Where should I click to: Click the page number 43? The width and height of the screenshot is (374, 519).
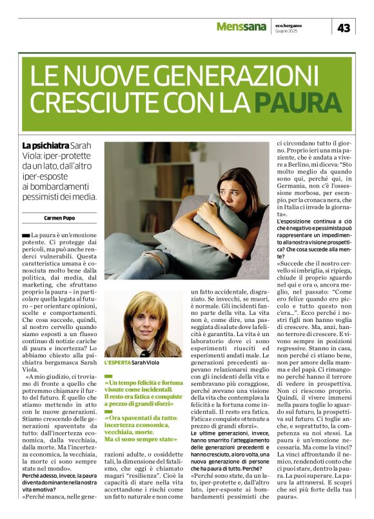coord(343,28)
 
